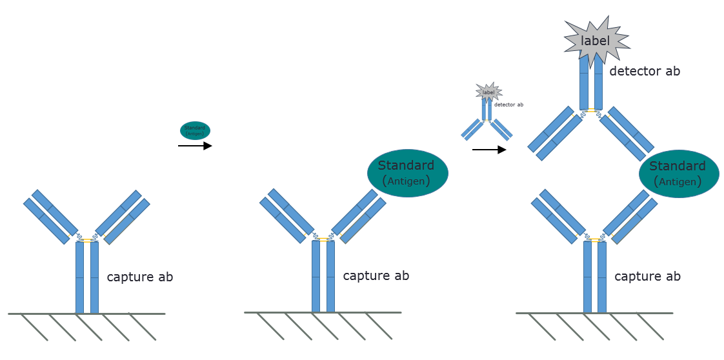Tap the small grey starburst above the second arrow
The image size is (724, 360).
click(x=488, y=92)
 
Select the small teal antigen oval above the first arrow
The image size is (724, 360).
click(x=195, y=130)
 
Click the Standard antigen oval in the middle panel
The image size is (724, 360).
click(x=407, y=172)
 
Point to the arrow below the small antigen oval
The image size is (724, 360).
click(x=195, y=146)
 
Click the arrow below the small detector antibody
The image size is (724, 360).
click(x=489, y=150)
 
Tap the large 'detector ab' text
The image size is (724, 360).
click(x=645, y=71)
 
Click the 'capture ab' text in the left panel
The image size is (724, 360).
click(x=139, y=277)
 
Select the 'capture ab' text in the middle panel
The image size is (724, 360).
click(x=376, y=275)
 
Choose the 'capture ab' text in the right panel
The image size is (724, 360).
click(x=647, y=276)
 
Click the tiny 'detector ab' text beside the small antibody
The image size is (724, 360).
click(x=508, y=105)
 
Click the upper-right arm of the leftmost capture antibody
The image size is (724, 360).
click(x=123, y=215)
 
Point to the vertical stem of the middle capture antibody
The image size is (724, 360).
click(x=323, y=277)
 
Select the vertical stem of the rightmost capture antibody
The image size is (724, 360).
click(x=594, y=277)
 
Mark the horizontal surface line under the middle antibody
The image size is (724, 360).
click(x=323, y=313)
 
